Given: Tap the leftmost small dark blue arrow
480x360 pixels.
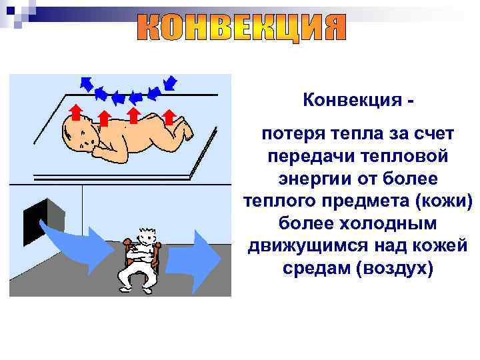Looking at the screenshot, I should pos(85,83).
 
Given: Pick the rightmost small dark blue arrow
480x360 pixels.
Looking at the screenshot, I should pos(170,83).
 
